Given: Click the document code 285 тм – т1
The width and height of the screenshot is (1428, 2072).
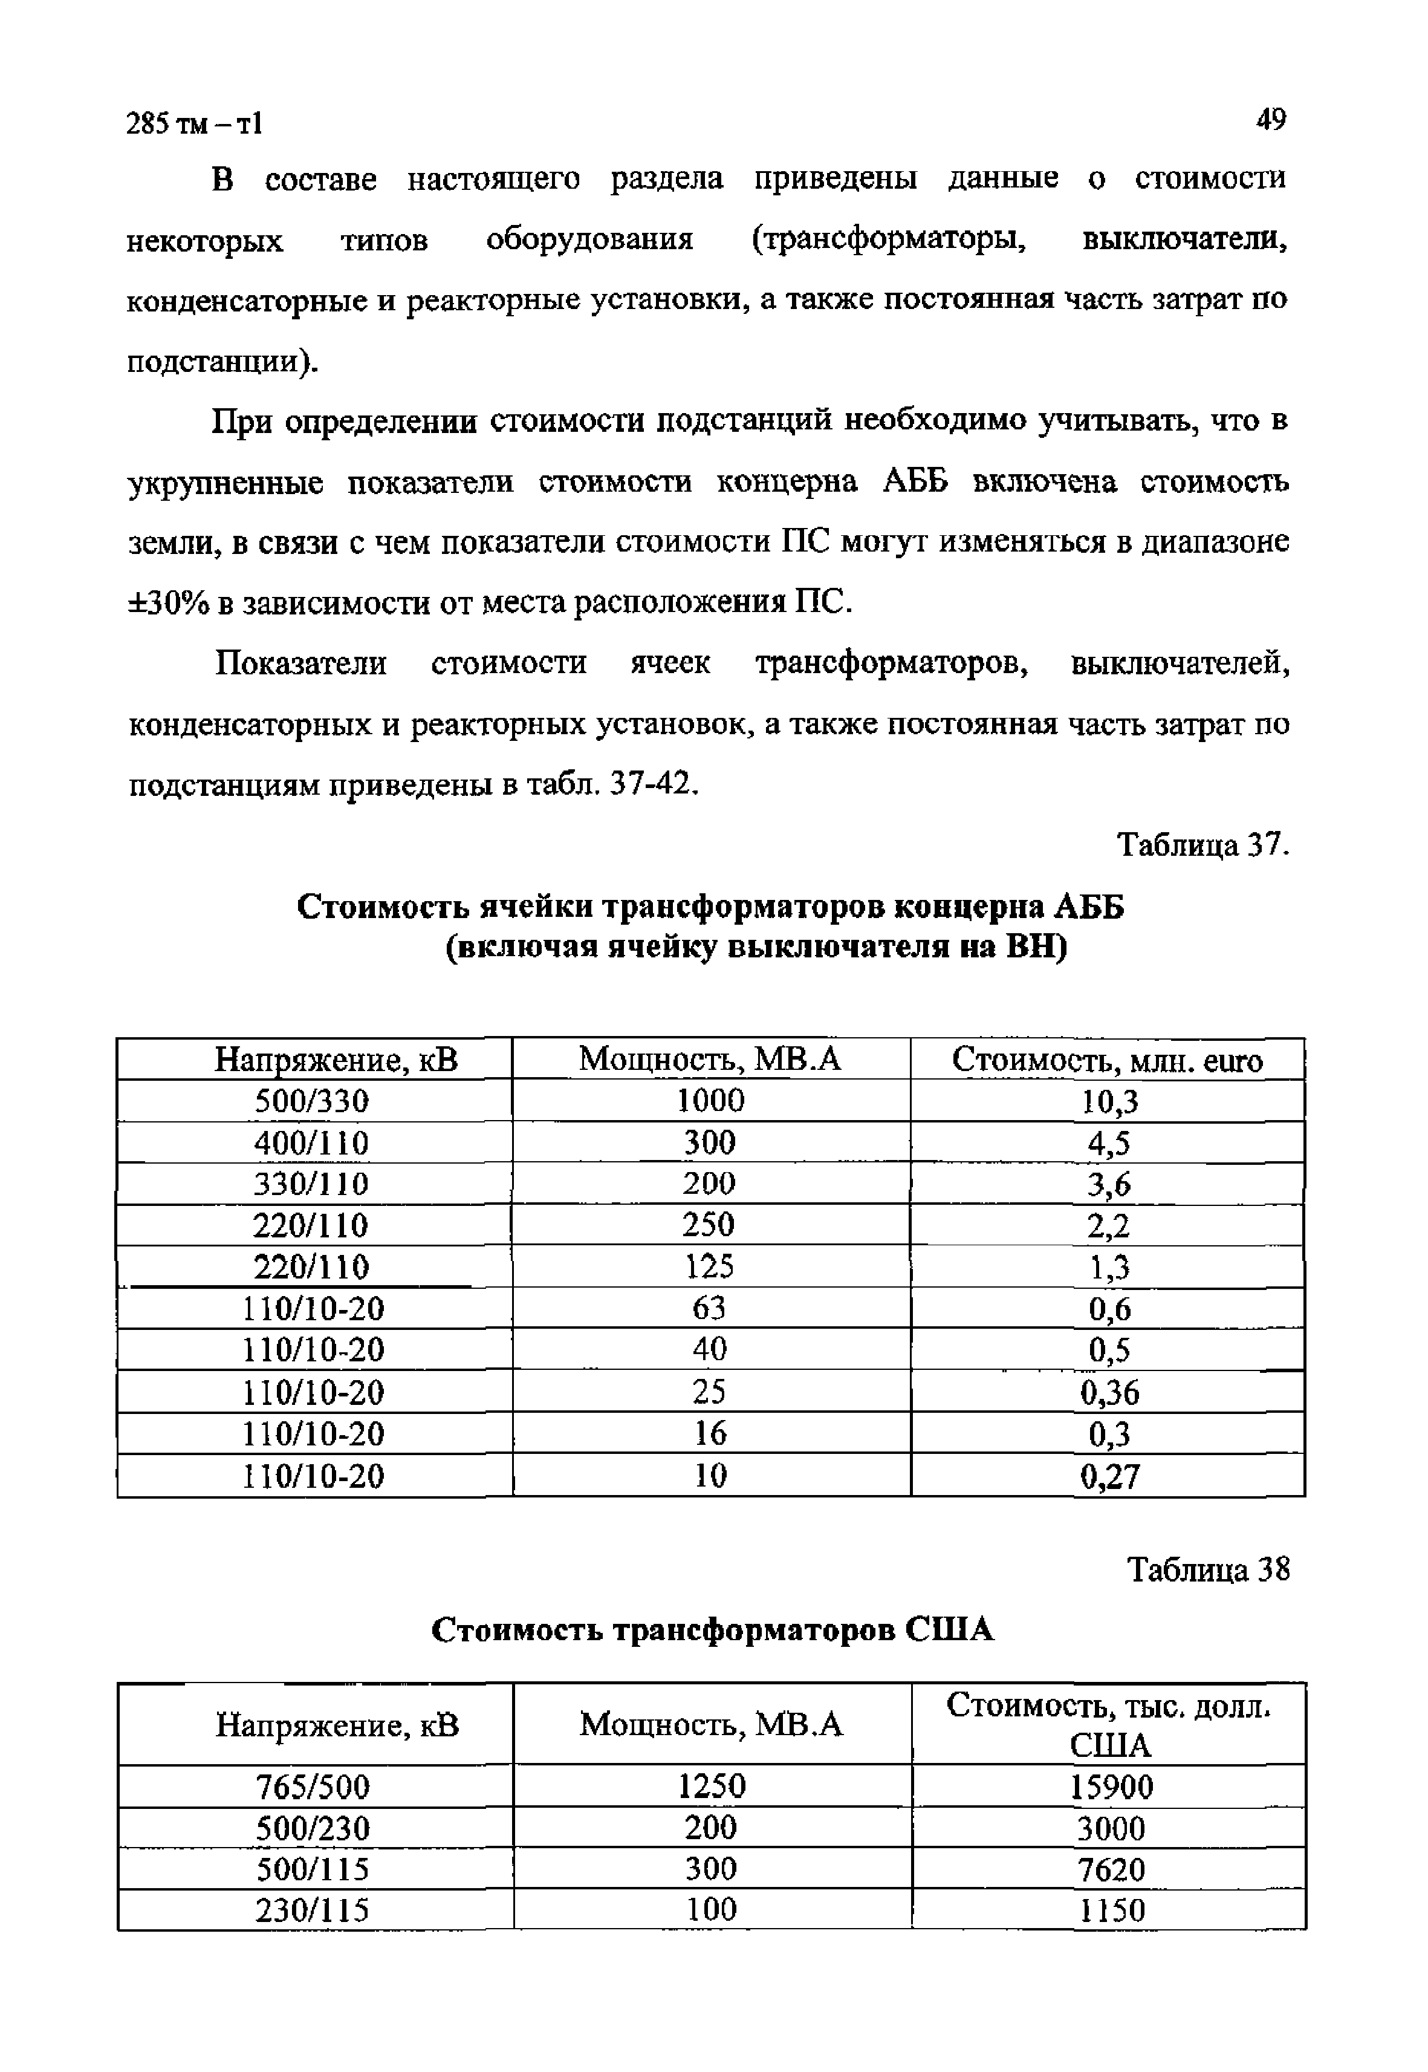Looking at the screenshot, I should tap(195, 123).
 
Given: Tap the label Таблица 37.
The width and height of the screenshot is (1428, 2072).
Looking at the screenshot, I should tap(1202, 844).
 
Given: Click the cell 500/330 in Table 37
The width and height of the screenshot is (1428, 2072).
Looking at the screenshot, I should tap(313, 1101).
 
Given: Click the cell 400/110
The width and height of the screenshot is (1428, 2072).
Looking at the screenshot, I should tap(313, 1143).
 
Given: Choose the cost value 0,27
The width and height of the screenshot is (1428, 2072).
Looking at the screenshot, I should tap(1109, 1476).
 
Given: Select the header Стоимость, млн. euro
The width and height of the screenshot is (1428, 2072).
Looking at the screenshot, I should tap(1108, 1060).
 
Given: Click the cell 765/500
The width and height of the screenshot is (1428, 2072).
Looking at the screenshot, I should tap(313, 1787).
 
